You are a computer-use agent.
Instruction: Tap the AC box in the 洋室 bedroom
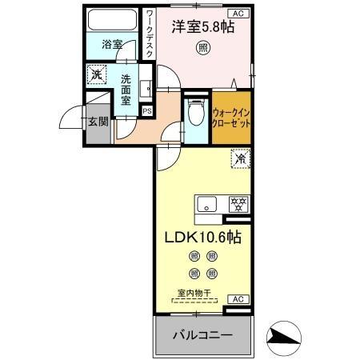point(238,13)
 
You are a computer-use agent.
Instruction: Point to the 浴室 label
point(111,46)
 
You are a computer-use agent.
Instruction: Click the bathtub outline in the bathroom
point(113,22)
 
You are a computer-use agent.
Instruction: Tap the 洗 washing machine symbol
point(95,72)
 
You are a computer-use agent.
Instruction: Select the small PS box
point(146,110)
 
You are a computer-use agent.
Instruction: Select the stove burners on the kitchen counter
point(238,203)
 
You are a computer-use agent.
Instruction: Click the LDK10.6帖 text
point(203,238)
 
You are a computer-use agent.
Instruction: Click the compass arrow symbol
point(284,337)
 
